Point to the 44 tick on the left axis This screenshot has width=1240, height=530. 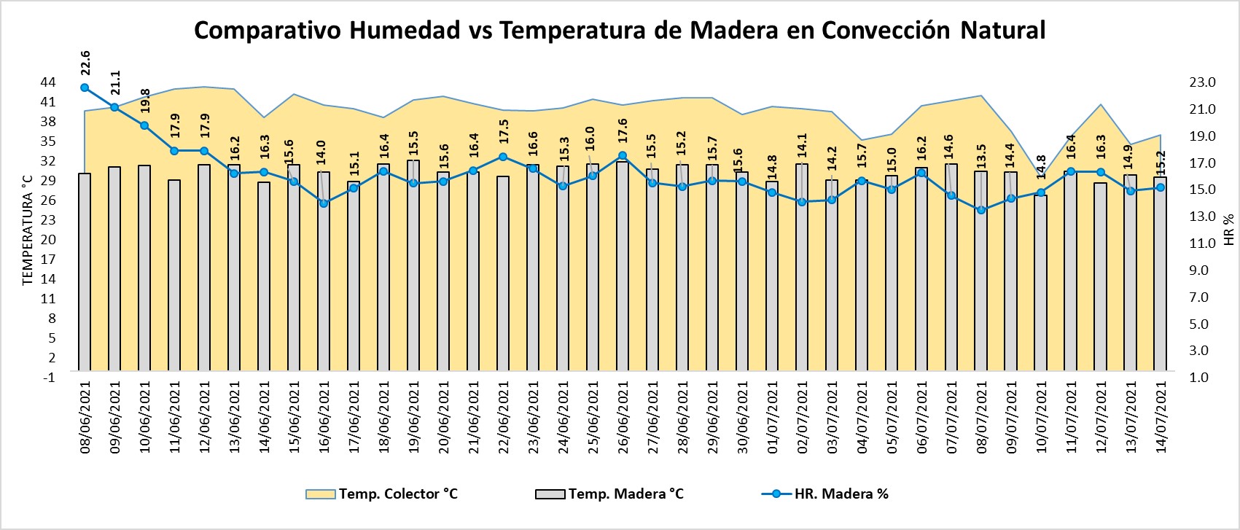click(x=48, y=82)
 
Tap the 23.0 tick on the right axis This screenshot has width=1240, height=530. click(x=1202, y=82)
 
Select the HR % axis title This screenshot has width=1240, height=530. click(x=1229, y=230)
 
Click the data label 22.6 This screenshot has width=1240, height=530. click(x=85, y=63)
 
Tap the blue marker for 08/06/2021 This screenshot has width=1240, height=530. click(x=85, y=87)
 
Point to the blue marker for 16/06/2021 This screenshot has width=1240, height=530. click(x=324, y=203)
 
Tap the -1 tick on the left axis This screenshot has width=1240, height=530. click(x=50, y=377)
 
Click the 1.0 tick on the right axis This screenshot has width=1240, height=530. click(x=1202, y=378)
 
